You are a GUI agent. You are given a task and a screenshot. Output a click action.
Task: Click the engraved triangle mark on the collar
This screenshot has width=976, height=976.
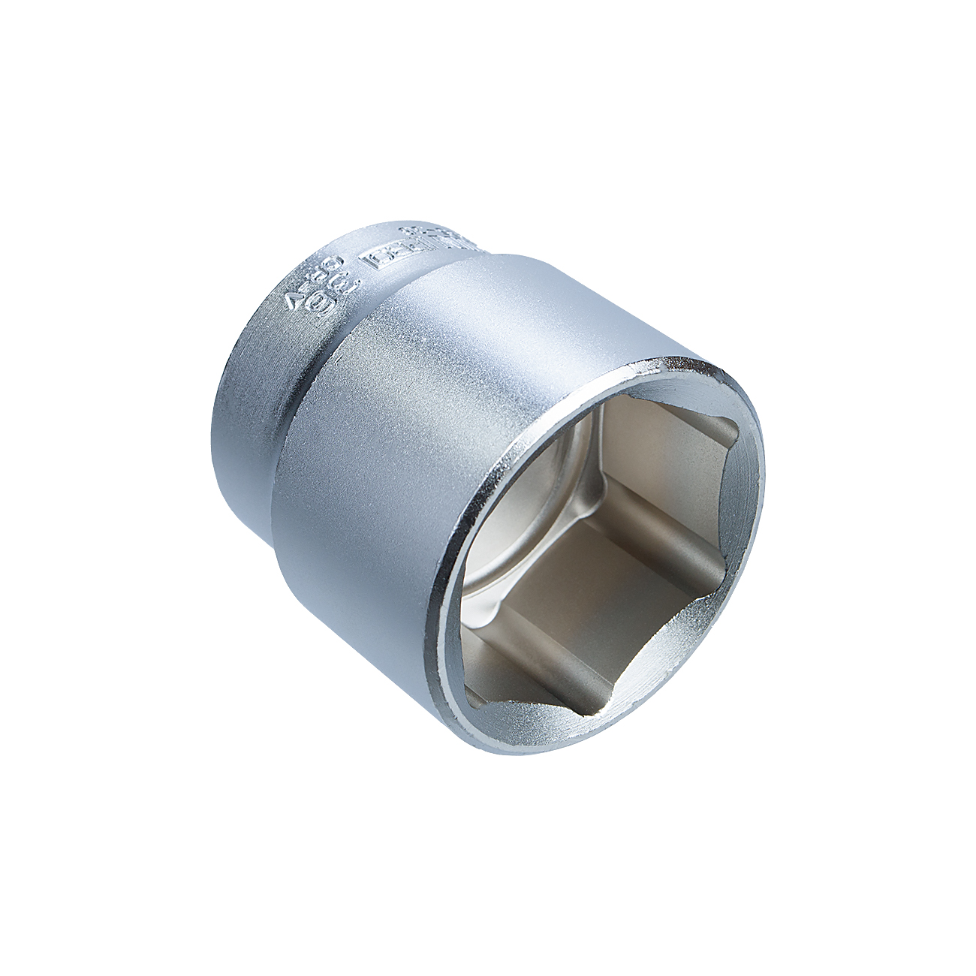tap(294, 303)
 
